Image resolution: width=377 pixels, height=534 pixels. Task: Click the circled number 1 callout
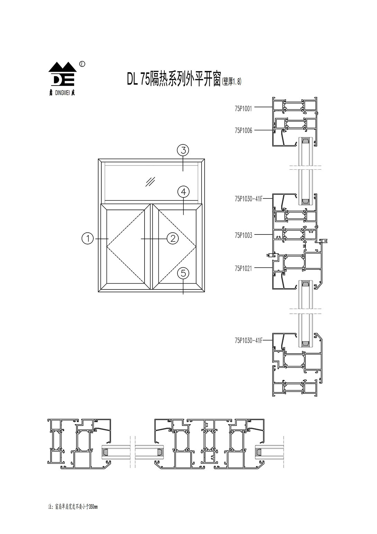click(88, 238)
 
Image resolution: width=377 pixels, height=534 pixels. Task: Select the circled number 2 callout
click(172, 238)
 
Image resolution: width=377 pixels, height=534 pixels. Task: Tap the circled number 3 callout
click(183, 151)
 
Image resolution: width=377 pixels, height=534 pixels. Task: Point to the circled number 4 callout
click(183, 191)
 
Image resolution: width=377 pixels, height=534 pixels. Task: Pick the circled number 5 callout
click(183, 273)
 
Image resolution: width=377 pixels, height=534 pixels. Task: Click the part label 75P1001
click(243, 108)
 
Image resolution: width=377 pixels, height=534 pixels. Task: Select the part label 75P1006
click(243, 130)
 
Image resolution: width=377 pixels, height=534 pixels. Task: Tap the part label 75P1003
click(243, 235)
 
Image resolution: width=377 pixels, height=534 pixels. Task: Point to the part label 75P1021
click(243, 268)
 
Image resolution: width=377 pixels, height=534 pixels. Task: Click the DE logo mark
click(63, 75)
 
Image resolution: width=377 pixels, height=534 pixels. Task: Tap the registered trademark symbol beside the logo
click(82, 64)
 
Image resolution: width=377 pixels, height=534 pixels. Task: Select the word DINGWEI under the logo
click(62, 93)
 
